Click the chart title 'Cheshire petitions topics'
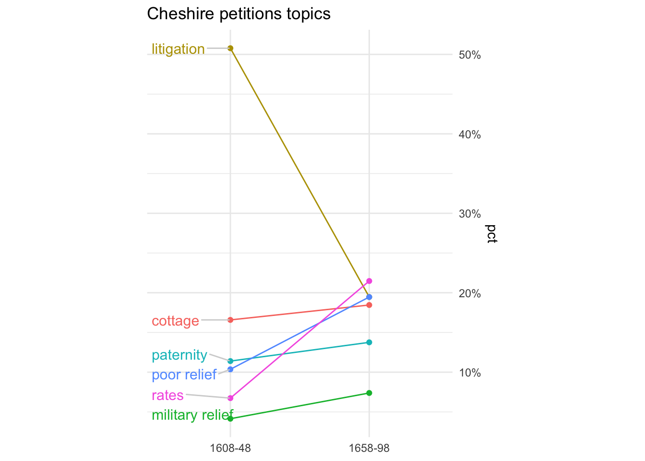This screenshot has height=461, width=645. (x=239, y=14)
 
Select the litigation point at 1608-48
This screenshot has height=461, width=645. (x=230, y=48)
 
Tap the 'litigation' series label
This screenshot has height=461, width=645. (x=178, y=49)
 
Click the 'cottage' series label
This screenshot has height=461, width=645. (x=175, y=321)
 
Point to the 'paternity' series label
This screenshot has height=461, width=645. (x=179, y=355)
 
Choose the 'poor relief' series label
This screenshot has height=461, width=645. (x=184, y=375)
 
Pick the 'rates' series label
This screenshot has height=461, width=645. (x=167, y=395)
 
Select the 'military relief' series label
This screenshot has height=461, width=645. (x=192, y=414)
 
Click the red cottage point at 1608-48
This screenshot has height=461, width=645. (x=230, y=320)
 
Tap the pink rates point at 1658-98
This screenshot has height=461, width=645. (x=369, y=281)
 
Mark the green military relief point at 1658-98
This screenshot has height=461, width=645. (x=369, y=393)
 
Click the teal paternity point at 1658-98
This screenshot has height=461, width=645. (x=369, y=342)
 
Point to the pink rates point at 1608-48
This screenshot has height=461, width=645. (x=230, y=398)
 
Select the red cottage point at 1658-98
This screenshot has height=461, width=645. (x=369, y=305)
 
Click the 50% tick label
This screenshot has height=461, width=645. (x=470, y=55)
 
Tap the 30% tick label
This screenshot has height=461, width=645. (x=470, y=214)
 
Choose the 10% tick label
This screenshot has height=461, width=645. (x=470, y=373)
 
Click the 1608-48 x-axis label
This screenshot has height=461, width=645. (x=230, y=448)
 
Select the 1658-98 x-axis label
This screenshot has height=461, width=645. (x=369, y=448)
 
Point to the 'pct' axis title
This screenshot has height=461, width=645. (x=492, y=234)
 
